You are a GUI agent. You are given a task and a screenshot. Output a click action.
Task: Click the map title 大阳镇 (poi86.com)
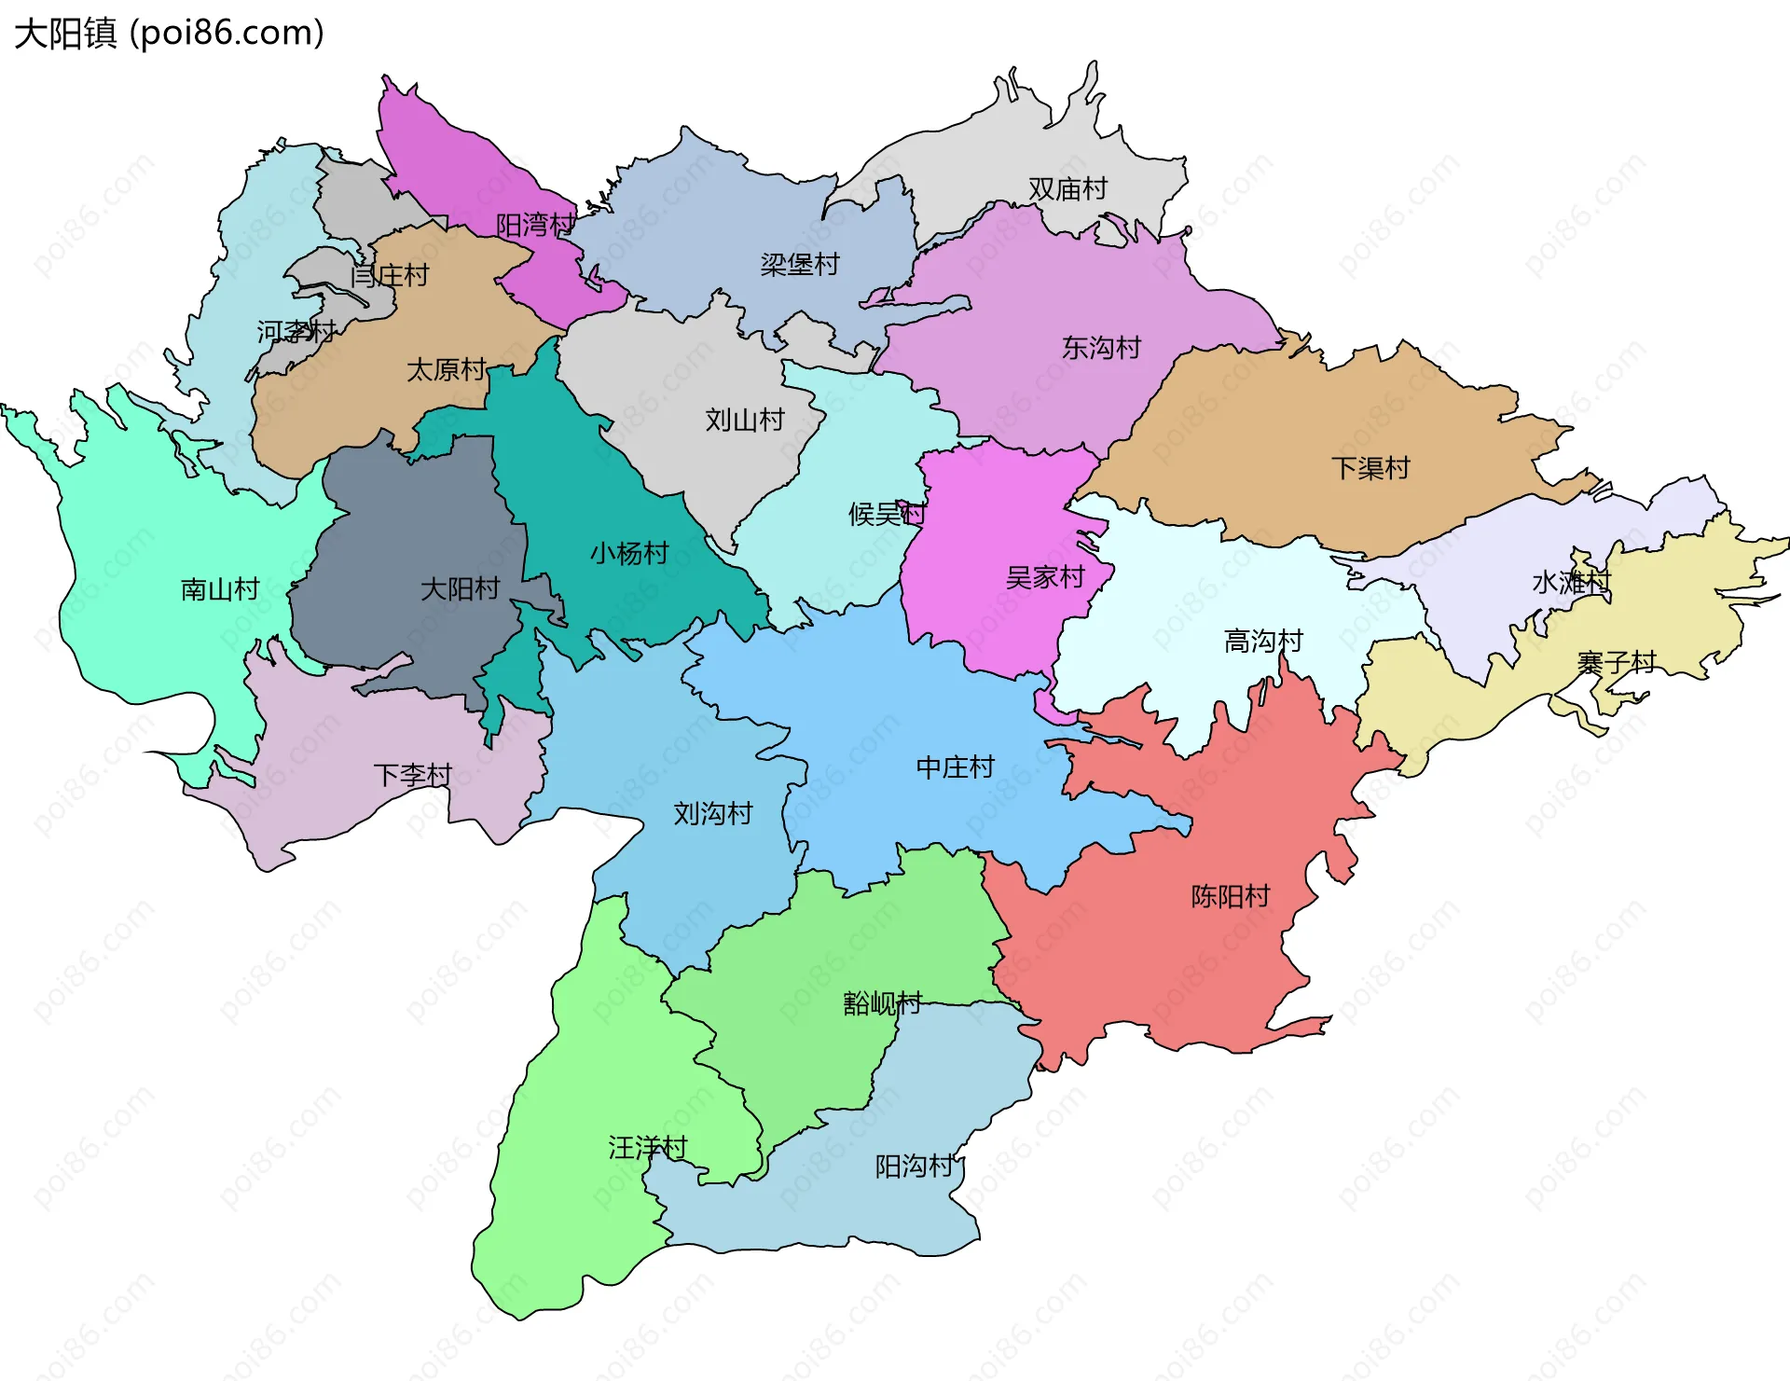coord(169,34)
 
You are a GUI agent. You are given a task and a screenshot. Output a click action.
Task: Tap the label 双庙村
coord(1067,189)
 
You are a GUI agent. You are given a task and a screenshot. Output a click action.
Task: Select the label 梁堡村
coord(800,265)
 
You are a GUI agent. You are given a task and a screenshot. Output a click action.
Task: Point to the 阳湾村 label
coord(535,225)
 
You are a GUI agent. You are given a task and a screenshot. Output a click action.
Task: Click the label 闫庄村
coord(390,276)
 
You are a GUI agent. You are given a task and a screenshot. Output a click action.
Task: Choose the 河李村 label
coord(296,331)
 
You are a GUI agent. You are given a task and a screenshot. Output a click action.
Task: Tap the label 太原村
coord(446,370)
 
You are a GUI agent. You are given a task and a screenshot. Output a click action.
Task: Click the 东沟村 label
coord(1101,348)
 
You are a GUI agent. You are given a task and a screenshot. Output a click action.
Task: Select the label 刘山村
coord(744,420)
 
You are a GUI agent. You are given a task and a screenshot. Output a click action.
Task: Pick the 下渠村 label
coord(1370,468)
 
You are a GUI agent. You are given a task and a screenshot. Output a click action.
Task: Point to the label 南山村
coord(219,589)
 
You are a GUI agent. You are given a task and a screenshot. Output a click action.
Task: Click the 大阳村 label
coord(460,589)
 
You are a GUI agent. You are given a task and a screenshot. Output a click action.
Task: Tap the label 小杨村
coord(629,554)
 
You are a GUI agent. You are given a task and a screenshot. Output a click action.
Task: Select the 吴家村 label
coord(1045,578)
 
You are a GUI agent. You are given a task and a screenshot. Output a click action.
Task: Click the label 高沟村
coord(1262,642)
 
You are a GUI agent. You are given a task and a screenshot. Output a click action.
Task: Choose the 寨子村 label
coord(1616,663)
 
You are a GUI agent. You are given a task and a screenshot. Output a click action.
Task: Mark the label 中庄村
coord(955,767)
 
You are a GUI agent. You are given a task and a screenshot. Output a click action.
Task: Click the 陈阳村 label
coord(1230,897)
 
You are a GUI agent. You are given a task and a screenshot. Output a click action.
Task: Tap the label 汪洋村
coord(647,1148)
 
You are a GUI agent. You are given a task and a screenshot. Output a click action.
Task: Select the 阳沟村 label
coord(914,1167)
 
